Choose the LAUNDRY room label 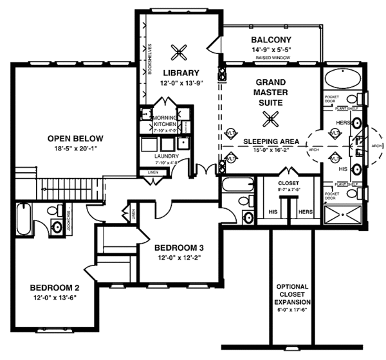tap(166, 156)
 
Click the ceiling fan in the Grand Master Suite tap(271, 117)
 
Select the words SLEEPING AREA tap(270, 141)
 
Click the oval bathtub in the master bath tap(335, 81)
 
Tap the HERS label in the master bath tap(342, 122)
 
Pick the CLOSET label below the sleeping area tap(289, 183)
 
